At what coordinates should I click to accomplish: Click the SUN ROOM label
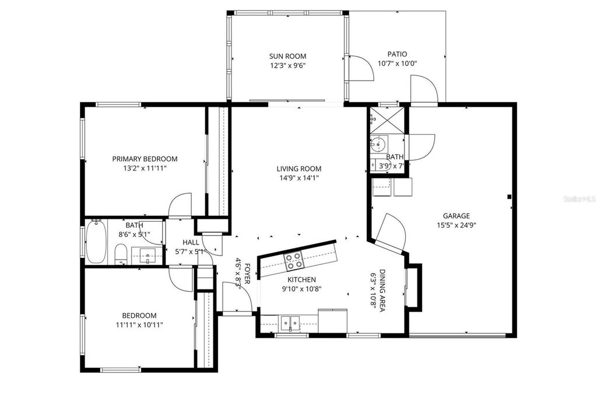(287, 56)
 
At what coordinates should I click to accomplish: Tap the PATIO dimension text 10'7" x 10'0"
(397, 64)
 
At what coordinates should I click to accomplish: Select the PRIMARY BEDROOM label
(145, 159)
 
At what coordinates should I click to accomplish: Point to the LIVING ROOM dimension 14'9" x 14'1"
(298, 178)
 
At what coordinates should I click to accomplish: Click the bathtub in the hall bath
(96, 242)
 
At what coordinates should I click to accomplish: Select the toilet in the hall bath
(121, 253)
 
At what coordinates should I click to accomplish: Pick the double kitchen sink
(289, 322)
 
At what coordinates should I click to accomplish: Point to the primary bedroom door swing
(181, 204)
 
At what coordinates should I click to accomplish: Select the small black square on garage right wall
(510, 197)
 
